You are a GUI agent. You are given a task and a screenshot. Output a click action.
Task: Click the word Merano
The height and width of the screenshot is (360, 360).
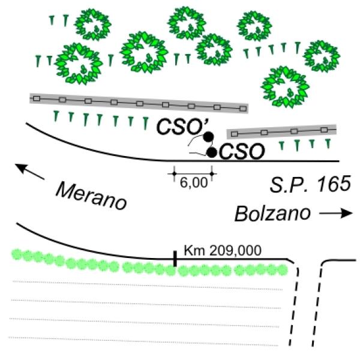click(91, 196)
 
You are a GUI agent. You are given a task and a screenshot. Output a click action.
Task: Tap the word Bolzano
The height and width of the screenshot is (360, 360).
click(272, 214)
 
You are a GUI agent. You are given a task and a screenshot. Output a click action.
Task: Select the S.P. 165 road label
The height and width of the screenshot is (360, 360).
click(310, 184)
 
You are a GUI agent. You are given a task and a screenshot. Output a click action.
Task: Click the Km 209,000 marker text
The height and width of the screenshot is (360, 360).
click(223, 250)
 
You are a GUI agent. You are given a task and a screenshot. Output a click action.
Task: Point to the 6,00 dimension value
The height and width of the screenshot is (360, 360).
click(194, 183)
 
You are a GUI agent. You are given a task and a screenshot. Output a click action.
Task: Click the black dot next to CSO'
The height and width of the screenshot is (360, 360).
click(208, 137)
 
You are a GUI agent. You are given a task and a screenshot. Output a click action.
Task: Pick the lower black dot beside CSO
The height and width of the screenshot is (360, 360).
click(212, 152)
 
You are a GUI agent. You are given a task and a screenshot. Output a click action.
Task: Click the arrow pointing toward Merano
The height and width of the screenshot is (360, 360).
click(29, 171)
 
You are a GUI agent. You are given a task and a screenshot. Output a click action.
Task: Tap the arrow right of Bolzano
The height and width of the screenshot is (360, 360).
click(336, 213)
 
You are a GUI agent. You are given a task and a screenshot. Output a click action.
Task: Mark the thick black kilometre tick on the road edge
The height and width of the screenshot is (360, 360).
click(175, 259)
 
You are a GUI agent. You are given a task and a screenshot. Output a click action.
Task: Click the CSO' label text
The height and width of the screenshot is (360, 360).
click(182, 127)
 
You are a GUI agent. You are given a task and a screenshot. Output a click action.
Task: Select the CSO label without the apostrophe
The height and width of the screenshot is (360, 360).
click(242, 151)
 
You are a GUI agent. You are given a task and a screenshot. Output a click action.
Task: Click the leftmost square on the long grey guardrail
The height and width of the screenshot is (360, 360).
click(37, 99)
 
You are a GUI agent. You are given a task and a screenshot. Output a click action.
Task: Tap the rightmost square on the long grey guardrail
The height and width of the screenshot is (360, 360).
click(243, 109)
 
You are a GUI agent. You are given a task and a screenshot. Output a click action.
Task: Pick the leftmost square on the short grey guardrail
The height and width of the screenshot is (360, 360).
click(234, 134)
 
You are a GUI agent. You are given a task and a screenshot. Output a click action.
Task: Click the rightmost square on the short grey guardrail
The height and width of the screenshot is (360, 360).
click(324, 130)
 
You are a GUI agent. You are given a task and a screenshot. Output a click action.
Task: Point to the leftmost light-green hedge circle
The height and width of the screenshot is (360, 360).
click(17, 254)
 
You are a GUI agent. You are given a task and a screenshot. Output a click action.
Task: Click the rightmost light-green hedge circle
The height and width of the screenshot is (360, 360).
click(283, 270)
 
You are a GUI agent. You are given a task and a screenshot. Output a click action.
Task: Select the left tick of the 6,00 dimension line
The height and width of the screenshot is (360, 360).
click(174, 174)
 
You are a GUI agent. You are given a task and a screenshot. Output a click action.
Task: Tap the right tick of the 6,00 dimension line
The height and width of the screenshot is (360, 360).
click(212, 174)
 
